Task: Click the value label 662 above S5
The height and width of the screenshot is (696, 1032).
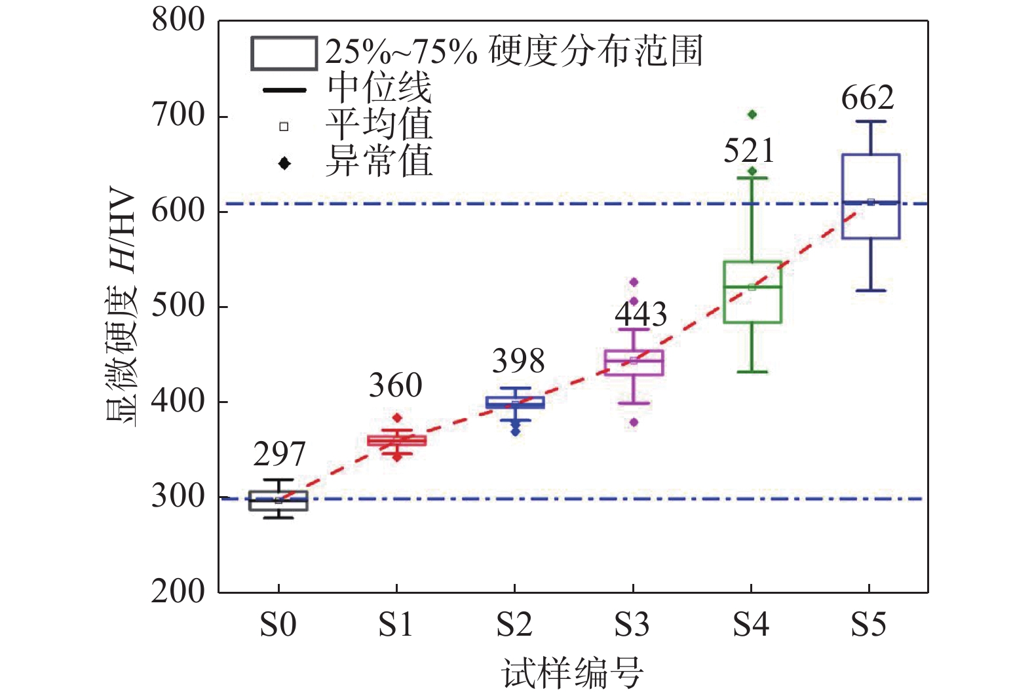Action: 868,98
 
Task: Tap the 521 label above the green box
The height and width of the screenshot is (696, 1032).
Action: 749,151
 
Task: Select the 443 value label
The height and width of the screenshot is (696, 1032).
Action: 640,315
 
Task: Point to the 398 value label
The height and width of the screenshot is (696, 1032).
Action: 518,361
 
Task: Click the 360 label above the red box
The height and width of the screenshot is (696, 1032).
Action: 395,385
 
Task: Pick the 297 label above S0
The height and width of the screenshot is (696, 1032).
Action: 279,454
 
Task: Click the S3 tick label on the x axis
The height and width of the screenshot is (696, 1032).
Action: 632,625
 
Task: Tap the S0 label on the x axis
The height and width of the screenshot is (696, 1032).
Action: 278,625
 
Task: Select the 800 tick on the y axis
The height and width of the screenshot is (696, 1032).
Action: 178,20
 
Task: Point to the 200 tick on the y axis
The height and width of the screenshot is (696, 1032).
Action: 178,592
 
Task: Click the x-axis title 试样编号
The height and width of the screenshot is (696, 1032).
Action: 573,673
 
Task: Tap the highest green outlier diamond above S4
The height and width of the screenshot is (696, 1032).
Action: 752,115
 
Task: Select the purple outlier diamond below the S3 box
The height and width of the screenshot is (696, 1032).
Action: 634,423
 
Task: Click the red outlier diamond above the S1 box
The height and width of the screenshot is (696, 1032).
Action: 397,418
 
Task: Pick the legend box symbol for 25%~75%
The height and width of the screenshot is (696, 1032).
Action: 284,54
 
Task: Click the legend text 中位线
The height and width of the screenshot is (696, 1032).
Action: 379,88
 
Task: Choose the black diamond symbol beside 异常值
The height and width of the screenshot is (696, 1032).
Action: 284,163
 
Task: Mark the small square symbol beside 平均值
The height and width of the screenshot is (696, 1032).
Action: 284,126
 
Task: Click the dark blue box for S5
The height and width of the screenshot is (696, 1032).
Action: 870,197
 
